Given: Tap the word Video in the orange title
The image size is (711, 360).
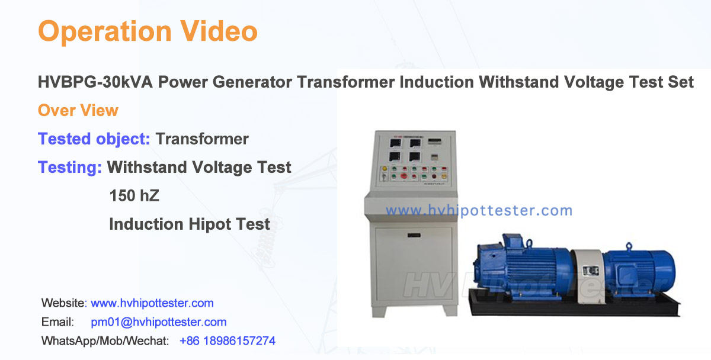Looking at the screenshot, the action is tap(219, 31).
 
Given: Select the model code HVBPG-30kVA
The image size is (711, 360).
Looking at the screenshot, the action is tap(95, 82).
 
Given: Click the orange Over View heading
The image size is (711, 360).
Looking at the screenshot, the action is tap(78, 110).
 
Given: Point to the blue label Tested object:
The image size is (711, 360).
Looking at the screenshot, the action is tap(94, 139).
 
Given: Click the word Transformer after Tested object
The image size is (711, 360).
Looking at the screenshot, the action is tap(202, 139).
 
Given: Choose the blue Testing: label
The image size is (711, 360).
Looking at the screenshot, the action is tap(70, 168).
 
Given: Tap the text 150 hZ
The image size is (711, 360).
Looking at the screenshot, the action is tap(134, 196).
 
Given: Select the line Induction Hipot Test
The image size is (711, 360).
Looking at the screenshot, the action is tap(190, 224).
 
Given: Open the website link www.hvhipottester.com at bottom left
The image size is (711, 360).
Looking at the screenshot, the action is tap(152, 303).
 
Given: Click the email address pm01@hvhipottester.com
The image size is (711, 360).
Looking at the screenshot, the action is tap(159, 322).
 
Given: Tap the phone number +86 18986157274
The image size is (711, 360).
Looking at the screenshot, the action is tap(228, 341).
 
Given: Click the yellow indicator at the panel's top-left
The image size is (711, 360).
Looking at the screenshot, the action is tap(385, 169).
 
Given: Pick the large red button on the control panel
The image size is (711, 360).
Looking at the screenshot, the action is tap(403, 176).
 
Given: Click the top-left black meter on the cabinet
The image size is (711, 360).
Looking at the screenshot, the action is tap(395, 143).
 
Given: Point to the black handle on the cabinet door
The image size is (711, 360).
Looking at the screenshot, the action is tap(414, 235).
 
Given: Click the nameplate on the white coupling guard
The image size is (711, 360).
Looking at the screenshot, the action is tap(591, 271).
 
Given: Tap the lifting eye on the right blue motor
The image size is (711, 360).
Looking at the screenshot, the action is tap(629, 246).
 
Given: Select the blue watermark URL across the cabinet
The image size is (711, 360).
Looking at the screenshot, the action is tap(479, 211).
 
